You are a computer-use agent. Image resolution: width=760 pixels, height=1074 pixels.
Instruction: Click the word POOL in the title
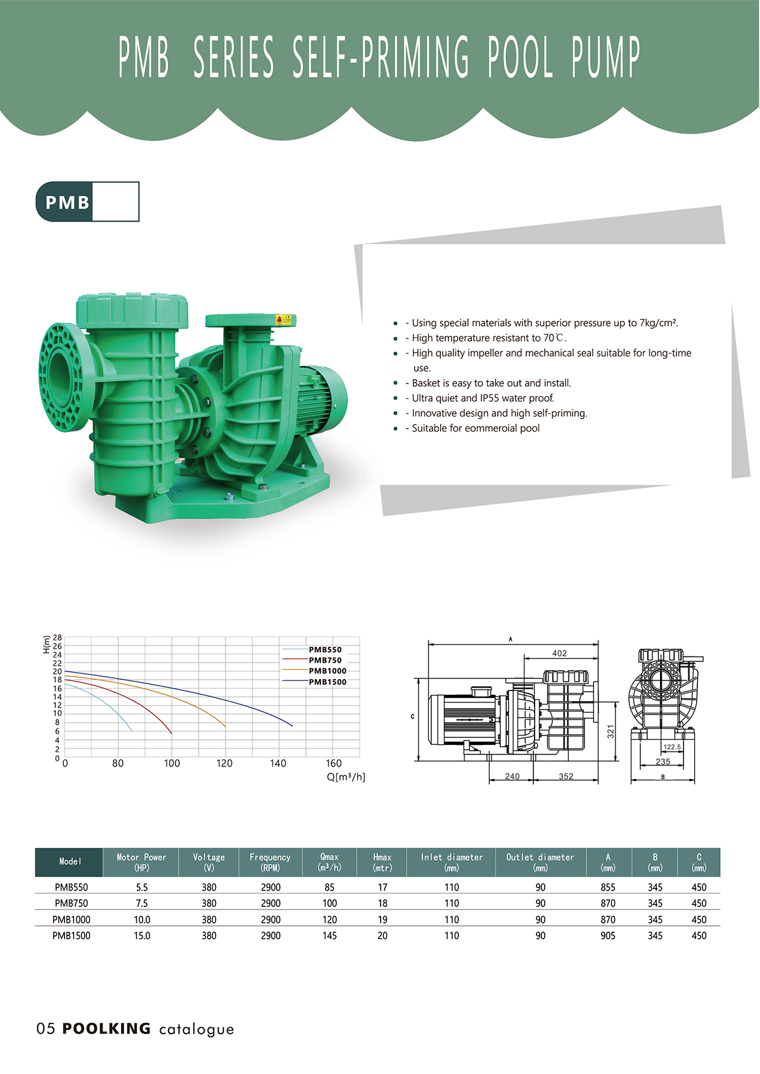tap(520, 57)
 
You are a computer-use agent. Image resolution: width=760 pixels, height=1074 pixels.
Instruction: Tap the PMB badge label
tap(67, 203)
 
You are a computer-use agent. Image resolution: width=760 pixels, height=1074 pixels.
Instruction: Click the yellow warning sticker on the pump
tap(283, 320)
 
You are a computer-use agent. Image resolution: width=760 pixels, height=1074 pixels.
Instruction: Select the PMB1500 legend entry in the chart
tap(327, 682)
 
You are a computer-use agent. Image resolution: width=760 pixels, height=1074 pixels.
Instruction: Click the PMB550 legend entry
tap(326, 650)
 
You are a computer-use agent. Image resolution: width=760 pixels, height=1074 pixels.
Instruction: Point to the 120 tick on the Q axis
tap(224, 763)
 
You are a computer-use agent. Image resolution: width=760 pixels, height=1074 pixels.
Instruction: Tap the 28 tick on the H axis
tap(57, 638)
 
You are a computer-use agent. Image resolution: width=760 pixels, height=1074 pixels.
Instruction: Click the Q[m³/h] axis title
tap(346, 777)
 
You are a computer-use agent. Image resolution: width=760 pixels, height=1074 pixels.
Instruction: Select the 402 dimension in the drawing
tap(559, 654)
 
